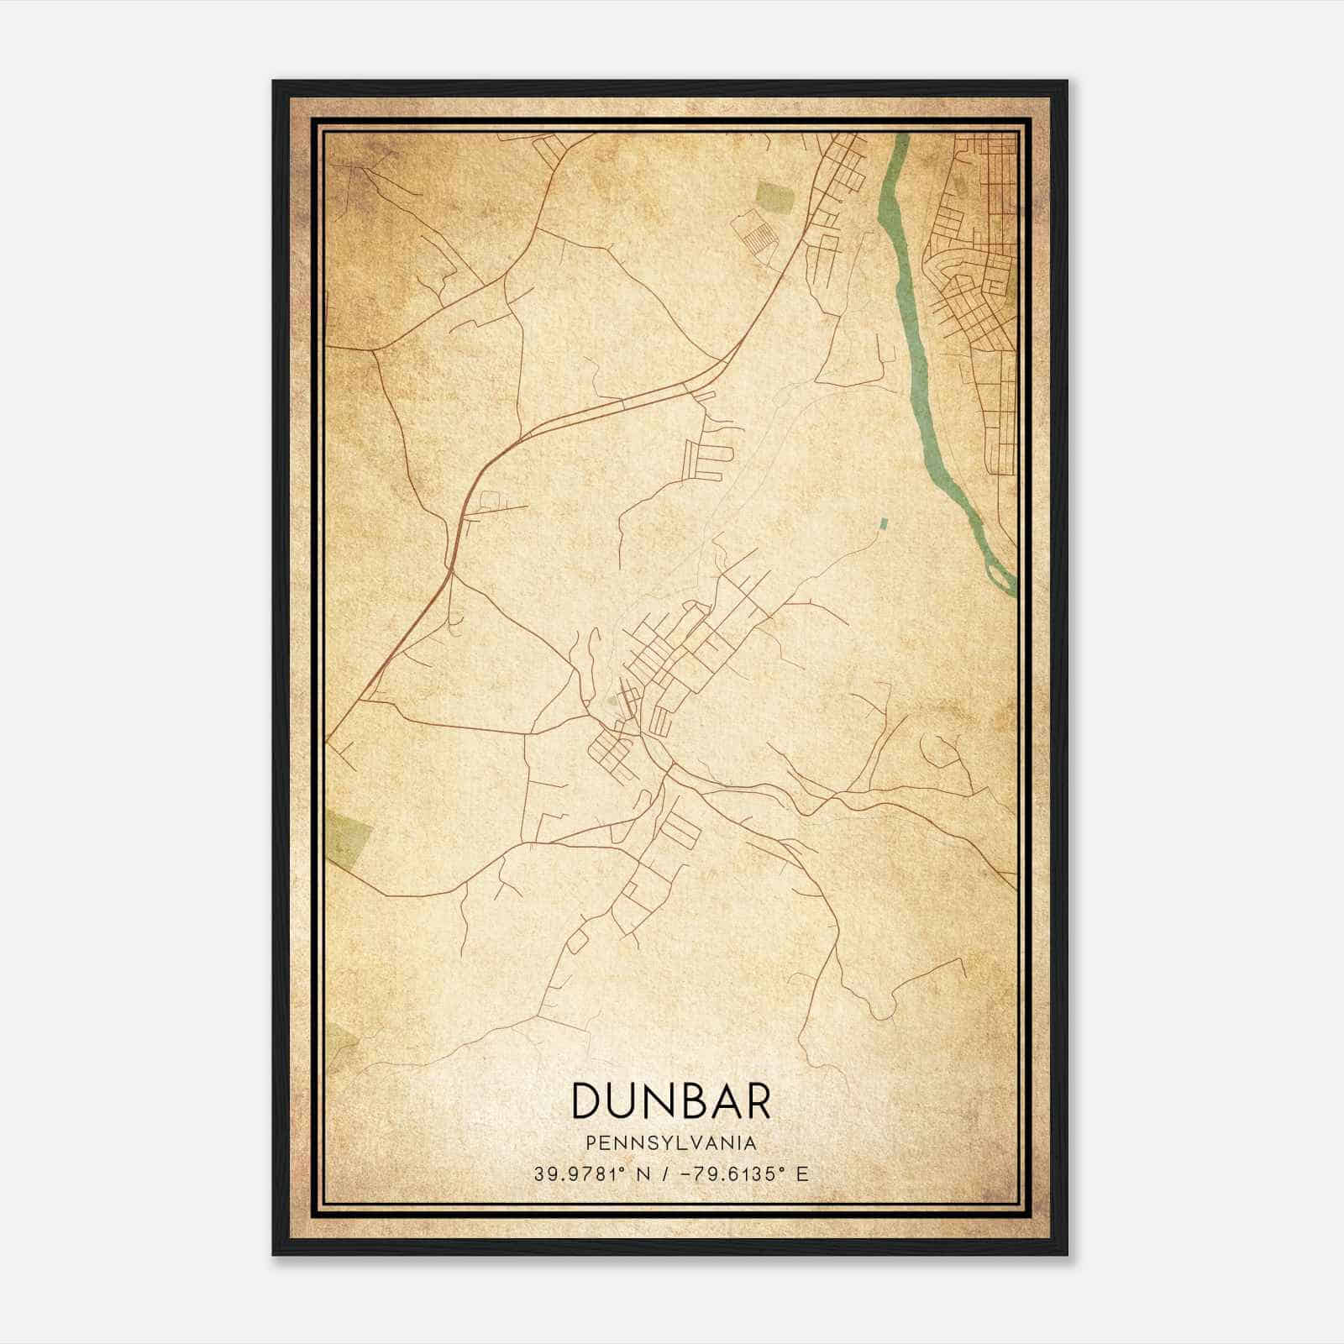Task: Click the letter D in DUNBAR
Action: (585, 1101)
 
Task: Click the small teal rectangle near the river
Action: (882, 524)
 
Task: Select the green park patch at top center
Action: (774, 197)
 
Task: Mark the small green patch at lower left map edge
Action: (340, 1042)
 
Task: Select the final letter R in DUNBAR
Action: (757, 1101)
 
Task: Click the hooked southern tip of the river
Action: (1003, 576)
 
